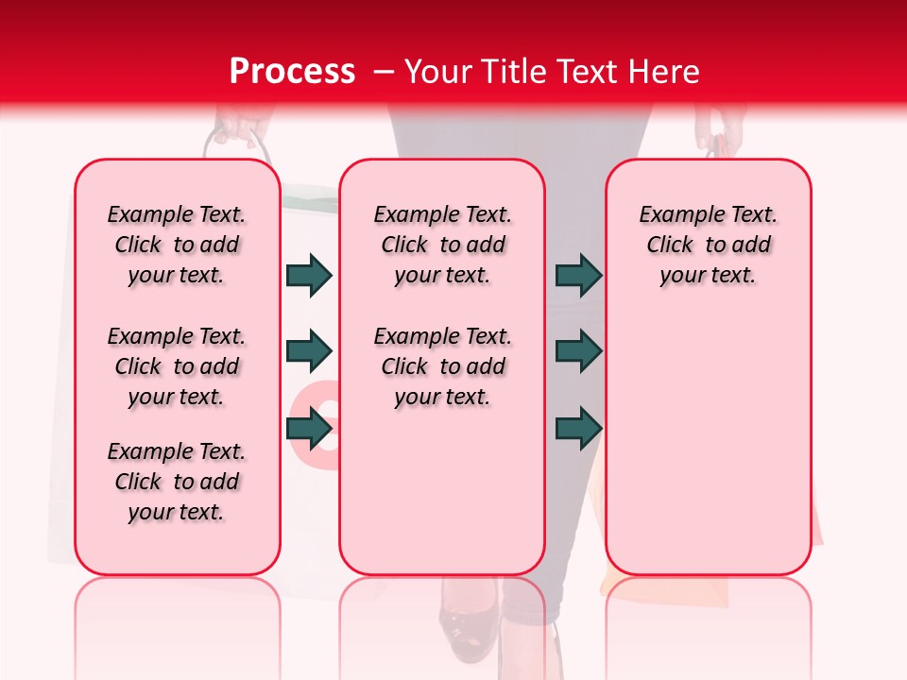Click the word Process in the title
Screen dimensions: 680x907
tap(292, 71)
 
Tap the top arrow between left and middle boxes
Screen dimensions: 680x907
tap(309, 275)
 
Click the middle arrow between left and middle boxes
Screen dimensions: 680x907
tap(309, 351)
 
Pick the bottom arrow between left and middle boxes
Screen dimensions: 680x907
tap(309, 428)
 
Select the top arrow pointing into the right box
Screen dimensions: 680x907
tap(578, 275)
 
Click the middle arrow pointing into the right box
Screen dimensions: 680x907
tap(578, 351)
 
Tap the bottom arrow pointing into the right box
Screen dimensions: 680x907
tap(578, 428)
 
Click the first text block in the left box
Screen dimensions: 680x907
tap(177, 245)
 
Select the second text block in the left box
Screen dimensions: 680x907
tap(177, 366)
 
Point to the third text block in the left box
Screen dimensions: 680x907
tap(177, 482)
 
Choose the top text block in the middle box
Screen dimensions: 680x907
tap(442, 245)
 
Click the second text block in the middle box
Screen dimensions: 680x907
tap(442, 366)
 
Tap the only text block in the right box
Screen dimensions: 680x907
tap(709, 245)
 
